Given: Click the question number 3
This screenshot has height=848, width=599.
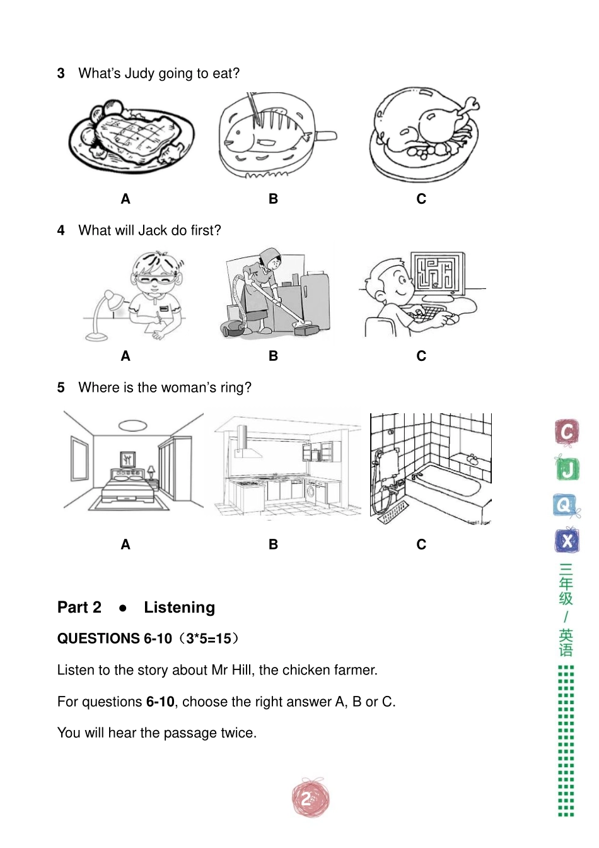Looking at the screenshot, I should pos(61,74).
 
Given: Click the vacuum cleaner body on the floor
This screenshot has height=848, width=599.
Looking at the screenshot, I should pos(234,327).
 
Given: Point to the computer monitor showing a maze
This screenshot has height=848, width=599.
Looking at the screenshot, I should pos(438,273).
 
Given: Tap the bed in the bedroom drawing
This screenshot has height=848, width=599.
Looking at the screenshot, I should pos(129,486).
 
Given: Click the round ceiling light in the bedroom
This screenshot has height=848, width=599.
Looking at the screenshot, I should pos(132,425).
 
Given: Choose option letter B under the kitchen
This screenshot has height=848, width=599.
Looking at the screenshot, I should pos(273,545).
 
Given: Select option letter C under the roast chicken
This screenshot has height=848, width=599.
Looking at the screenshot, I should pos(421,199).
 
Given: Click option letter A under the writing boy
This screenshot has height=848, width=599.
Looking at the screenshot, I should pos(125,356).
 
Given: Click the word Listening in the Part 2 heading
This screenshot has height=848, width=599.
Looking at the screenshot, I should pos(179,608).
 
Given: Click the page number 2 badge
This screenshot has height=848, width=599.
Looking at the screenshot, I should pos(310,799).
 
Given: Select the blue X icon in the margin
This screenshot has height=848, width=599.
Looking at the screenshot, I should pos(567,541).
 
